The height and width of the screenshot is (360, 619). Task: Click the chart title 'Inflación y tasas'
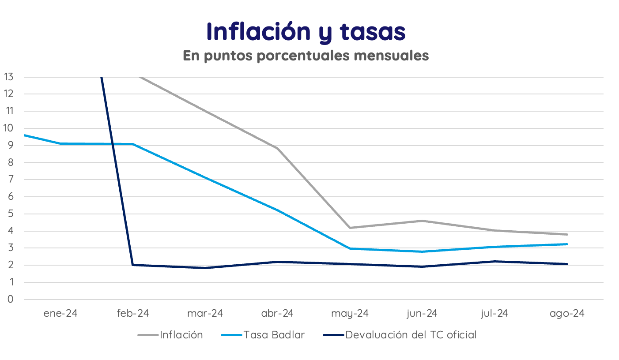(x=306, y=32)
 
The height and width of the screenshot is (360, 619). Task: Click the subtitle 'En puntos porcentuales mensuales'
(x=306, y=56)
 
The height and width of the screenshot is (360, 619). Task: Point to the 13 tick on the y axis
(x=8, y=77)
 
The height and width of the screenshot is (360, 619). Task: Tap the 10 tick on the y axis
(x=8, y=128)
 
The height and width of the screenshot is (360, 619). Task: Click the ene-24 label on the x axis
(x=60, y=313)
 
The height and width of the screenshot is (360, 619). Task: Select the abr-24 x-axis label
(x=277, y=313)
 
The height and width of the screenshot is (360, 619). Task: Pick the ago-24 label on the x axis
(x=567, y=313)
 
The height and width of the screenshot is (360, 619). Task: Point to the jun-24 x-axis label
(x=422, y=313)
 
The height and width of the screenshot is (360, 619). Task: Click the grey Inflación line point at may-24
(x=350, y=228)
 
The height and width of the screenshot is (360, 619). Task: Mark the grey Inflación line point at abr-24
(x=277, y=148)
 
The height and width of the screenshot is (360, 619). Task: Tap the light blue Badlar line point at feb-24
(x=132, y=144)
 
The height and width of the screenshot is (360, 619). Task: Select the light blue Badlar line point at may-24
(x=350, y=248)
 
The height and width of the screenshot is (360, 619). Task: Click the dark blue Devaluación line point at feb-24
(x=132, y=265)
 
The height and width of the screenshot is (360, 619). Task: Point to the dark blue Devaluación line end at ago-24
(x=567, y=264)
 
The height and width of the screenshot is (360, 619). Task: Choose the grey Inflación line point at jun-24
(x=422, y=221)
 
